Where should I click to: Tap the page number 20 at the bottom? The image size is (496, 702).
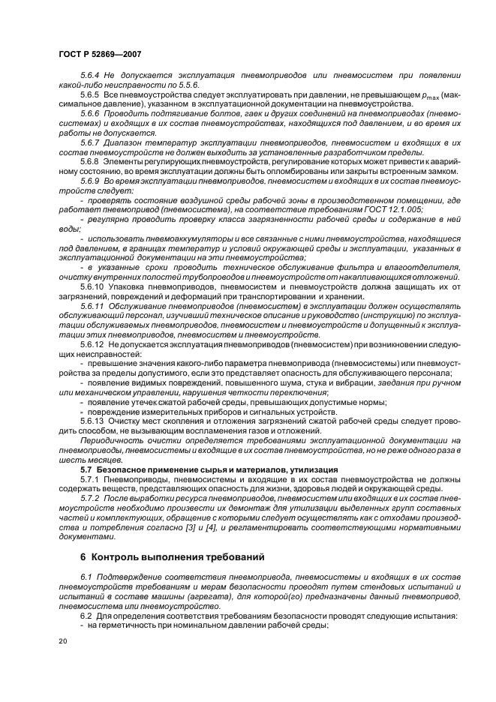pyautogui.click(x=62, y=642)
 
